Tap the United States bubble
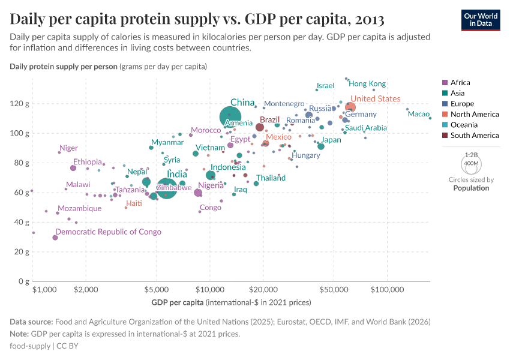pos(350,108)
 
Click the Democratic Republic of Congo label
pos(108,232)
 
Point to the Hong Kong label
pos(367,84)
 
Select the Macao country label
pos(419,114)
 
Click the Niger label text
pos(68,148)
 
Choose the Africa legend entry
pos(460,83)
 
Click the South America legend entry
pos(474,136)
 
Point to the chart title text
pos(197,19)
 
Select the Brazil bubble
pos(260,127)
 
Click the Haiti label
pos(134,203)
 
